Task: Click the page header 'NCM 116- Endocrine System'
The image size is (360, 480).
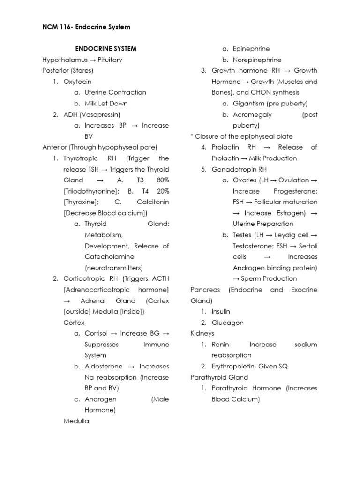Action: (86, 27)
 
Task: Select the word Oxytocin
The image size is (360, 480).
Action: (77, 82)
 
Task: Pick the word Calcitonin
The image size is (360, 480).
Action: (153, 202)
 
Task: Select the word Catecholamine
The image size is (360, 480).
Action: (109, 257)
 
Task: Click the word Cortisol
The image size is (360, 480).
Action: (96, 333)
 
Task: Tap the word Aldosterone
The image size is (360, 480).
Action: (104, 366)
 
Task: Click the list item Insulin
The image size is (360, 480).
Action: (221, 311)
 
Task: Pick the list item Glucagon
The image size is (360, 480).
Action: (225, 322)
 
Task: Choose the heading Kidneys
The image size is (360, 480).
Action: (202, 333)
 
